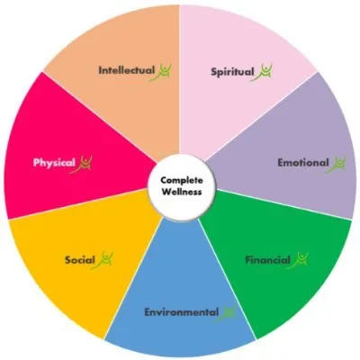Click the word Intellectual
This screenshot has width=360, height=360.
tap(127, 70)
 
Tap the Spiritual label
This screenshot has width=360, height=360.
tap(232, 72)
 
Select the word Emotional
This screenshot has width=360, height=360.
tap(303, 163)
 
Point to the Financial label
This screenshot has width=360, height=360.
tap(268, 260)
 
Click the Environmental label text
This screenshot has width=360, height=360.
tap(182, 312)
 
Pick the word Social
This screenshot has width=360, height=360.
tap(80, 260)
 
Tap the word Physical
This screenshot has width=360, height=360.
tap(54, 163)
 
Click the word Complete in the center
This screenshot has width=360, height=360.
tap(182, 181)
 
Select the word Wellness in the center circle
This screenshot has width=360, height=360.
tap(182, 192)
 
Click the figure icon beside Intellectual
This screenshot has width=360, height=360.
tap(164, 72)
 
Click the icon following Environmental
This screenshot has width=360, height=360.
tap(228, 313)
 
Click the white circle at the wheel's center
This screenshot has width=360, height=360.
tap(182, 188)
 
